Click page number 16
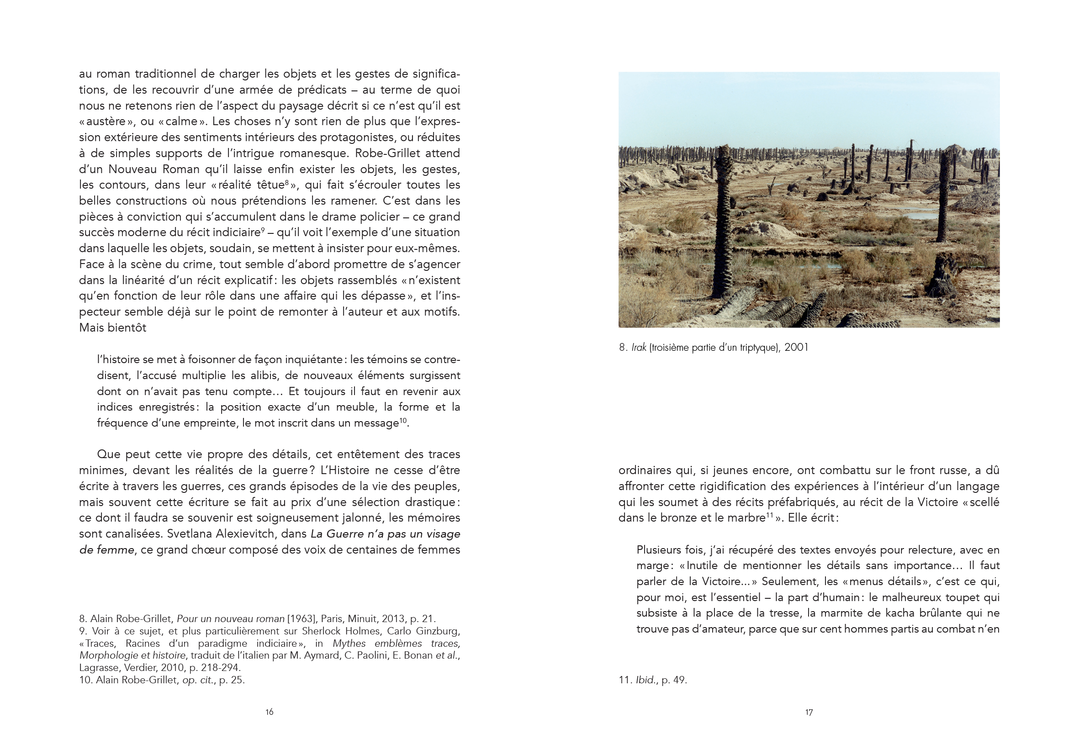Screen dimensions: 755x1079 coord(269,712)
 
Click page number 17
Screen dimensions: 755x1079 coord(809,712)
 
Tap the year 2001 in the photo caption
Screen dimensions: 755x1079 coord(796,348)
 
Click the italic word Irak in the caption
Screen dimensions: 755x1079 coord(639,348)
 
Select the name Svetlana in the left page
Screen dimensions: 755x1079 coord(189,534)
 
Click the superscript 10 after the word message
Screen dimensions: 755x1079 coord(403,420)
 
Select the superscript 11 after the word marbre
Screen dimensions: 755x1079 coord(770,515)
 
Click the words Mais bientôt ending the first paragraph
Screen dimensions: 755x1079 coord(113,328)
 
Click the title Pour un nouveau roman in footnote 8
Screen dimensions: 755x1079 coord(230,619)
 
